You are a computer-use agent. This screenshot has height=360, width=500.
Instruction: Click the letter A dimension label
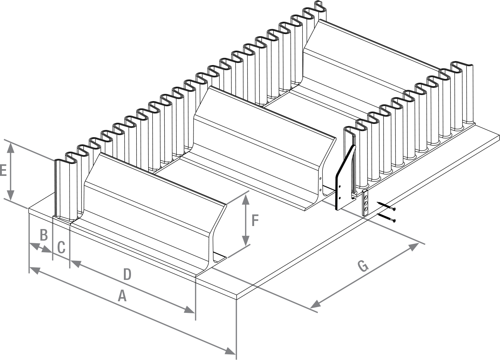(x=122, y=297)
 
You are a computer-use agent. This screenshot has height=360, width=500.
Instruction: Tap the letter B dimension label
(x=44, y=235)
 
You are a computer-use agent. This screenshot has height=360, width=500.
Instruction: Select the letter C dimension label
(x=61, y=247)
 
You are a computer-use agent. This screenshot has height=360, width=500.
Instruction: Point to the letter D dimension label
(x=127, y=275)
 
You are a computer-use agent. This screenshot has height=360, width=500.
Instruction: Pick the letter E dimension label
(x=3, y=171)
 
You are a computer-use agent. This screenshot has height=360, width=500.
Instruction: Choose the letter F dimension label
(x=255, y=221)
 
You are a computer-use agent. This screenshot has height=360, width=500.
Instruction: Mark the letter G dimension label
(x=363, y=266)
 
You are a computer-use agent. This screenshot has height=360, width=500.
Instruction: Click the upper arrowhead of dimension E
(x=11, y=147)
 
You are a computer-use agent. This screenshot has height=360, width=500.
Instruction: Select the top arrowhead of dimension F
(x=246, y=199)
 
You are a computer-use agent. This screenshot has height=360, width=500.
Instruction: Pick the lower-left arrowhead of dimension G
(x=315, y=305)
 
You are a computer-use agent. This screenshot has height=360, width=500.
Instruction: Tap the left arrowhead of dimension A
(x=34, y=269)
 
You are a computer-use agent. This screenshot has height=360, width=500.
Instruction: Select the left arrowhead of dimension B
(x=33, y=245)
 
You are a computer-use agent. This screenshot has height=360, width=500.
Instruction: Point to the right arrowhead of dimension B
(x=48, y=250)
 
